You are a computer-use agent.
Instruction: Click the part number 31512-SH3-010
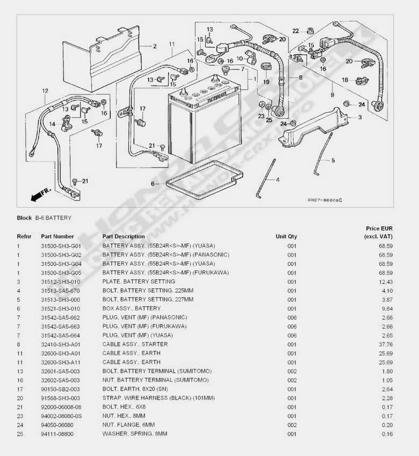coord(60,281)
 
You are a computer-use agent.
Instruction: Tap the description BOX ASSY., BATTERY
coord(131,308)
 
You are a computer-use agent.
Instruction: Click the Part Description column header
coord(124,236)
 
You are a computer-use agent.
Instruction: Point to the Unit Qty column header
coord(286,236)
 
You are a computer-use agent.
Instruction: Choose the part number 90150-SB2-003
coord(60,389)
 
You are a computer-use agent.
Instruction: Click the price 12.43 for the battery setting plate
coord(386,281)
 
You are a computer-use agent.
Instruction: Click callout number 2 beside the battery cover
coord(154,46)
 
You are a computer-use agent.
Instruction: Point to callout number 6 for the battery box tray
coord(153,184)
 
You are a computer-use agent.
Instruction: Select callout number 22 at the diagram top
coord(295,31)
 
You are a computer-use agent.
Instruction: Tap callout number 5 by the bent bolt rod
coord(333,160)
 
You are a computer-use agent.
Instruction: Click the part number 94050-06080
coord(57,425)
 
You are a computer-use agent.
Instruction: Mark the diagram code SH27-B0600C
coord(324,200)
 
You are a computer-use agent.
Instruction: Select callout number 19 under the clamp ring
coord(265,82)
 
